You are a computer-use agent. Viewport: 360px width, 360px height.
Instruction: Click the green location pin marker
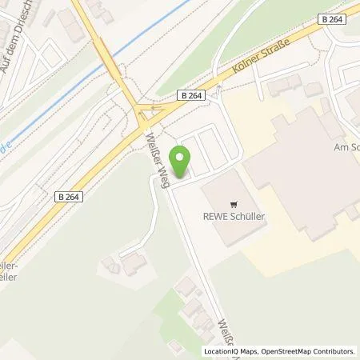pyautogui.click(x=182, y=162)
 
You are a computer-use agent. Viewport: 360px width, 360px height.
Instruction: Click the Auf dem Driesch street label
pyautogui.click(x=18, y=48)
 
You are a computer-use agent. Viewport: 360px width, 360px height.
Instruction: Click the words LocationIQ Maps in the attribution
pyautogui.click(x=227, y=351)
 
